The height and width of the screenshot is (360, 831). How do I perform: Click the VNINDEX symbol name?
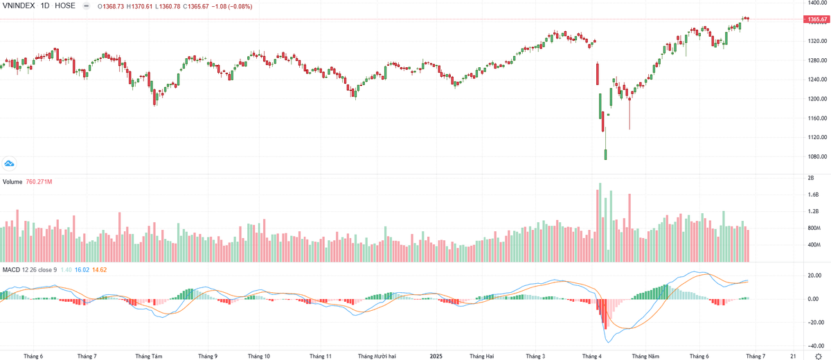point(20,6)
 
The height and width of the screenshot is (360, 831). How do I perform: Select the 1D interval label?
point(47,6)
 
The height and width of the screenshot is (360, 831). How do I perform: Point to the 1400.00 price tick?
point(814,3)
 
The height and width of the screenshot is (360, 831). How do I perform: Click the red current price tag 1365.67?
point(814,19)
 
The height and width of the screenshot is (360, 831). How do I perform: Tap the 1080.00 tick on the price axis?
point(814,157)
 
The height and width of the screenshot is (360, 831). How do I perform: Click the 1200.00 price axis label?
point(814,99)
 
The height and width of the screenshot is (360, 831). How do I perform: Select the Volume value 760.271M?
point(39,182)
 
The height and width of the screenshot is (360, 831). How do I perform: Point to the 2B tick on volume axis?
point(810,178)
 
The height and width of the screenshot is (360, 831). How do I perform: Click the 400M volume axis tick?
point(812,245)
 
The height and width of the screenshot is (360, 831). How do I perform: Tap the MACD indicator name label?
point(10,269)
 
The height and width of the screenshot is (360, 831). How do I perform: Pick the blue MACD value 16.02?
point(82,269)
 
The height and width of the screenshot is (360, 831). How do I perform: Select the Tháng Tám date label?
point(149,356)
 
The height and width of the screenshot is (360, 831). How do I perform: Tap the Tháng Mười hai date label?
point(377,356)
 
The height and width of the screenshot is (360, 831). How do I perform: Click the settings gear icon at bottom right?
point(818,355)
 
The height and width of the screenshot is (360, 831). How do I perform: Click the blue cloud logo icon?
point(10,163)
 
